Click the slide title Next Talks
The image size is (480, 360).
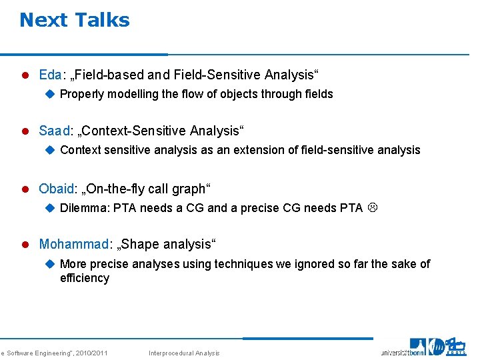pos(75,20)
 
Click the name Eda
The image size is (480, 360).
pos(50,75)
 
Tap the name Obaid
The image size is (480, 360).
pos(57,189)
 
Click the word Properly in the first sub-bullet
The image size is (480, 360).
pos(82,94)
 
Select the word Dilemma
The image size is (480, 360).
pos(84,208)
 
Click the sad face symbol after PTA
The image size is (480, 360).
pos(373,208)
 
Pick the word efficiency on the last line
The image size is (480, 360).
pos(84,278)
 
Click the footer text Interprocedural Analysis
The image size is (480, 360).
pos(183,353)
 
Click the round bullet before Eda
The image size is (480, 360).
pos(25,75)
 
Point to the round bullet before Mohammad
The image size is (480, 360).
pos(25,244)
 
